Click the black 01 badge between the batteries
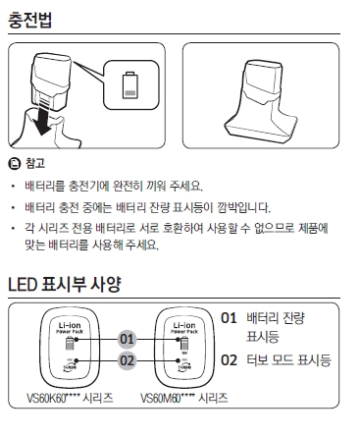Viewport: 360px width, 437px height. coord(127,339)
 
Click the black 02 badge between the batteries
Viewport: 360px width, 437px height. coord(127,360)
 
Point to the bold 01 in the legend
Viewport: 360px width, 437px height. coord(230,318)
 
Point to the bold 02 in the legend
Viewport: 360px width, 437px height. coord(230,360)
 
